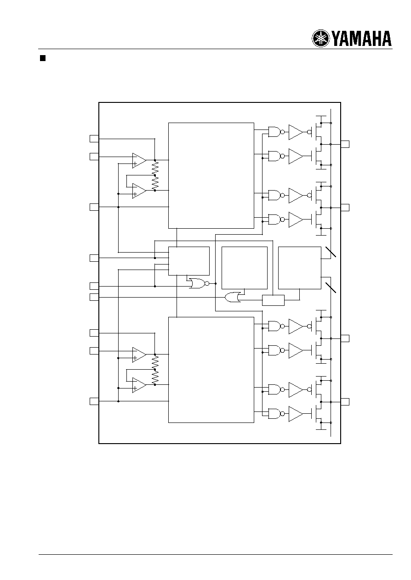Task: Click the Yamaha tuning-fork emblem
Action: tap(320, 39)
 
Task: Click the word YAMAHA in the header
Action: tap(361, 39)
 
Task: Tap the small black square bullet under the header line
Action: tap(43, 58)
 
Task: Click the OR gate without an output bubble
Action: tap(233, 297)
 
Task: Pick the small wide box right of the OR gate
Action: tap(273, 300)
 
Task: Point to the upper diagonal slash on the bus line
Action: tap(331, 252)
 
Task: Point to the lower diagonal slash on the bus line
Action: tap(331, 287)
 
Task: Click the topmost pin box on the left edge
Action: tap(94, 139)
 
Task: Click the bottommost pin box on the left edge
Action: tap(94, 401)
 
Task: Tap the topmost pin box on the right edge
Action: tap(345, 144)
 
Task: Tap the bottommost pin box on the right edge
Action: tap(345, 402)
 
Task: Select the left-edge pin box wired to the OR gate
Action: tap(94, 297)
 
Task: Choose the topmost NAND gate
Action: tap(276, 132)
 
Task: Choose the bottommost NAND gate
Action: tap(276, 413)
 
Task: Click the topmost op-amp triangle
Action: tap(139, 161)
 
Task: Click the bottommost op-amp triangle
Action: tap(139, 385)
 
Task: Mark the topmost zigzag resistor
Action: tap(155, 168)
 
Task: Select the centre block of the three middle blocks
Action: tap(245, 268)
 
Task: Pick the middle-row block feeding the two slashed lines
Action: tap(300, 268)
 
